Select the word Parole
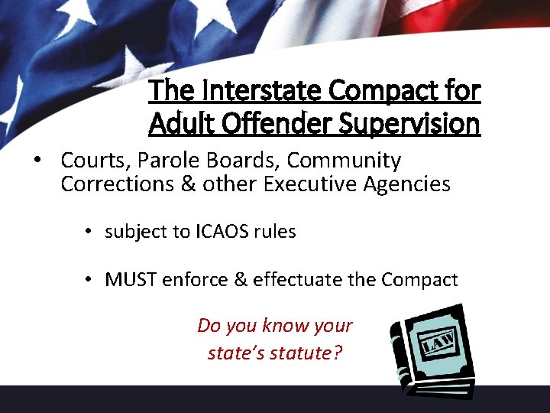167,161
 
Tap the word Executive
296,184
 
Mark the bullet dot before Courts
36,161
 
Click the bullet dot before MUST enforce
90,280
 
